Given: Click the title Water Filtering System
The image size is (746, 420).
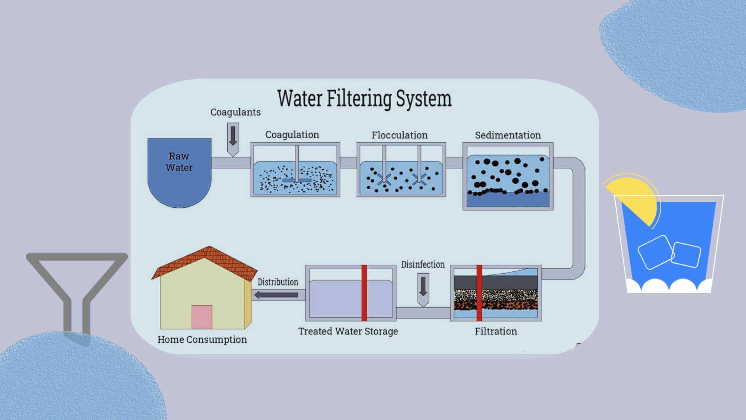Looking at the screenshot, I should click(364, 98).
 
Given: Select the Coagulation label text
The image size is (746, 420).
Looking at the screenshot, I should click(292, 135).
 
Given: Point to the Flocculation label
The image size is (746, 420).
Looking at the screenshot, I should click(399, 135).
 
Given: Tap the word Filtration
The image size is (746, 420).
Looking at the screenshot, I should click(496, 331).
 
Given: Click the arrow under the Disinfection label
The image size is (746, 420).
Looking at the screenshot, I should click(423, 289).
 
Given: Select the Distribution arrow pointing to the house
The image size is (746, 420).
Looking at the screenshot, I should click(277, 295).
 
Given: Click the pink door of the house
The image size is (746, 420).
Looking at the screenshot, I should click(202, 317).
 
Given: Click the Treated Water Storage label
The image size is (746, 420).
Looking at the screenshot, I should click(348, 331).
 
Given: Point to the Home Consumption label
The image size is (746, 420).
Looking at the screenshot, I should click(202, 339).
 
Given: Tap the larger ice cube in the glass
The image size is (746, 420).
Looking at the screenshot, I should click(655, 252).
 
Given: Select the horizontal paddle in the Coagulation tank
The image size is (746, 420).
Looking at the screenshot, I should click(296, 180).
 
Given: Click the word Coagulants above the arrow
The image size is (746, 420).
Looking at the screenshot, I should click(235, 112).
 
